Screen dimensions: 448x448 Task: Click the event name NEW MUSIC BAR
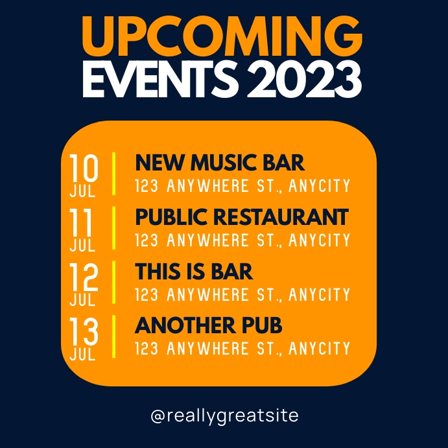coord(220,162)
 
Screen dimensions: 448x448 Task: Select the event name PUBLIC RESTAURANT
coord(242,217)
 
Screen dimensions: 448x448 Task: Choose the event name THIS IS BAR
coord(194,271)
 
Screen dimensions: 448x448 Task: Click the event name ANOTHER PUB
coord(209,325)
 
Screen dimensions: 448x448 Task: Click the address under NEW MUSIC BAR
coord(242,187)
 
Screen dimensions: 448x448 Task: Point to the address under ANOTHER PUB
coord(242,349)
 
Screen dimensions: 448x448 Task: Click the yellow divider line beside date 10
coord(115,173)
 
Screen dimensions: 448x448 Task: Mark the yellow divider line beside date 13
coord(115,336)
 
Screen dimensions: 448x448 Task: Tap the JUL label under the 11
coord(82,246)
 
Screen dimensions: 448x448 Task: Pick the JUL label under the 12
coord(82,301)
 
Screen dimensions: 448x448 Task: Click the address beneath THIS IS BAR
coord(242,296)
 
